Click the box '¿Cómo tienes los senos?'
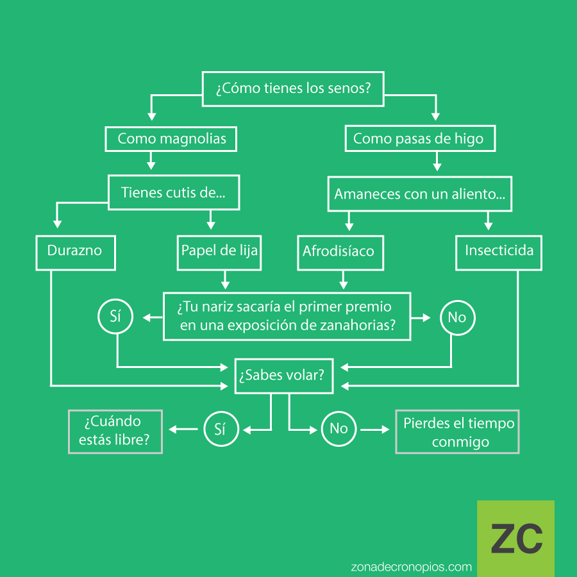click(293, 88)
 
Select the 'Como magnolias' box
click(171, 138)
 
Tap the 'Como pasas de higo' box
click(419, 138)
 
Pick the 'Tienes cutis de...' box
click(173, 192)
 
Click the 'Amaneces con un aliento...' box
click(420, 193)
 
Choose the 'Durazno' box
click(74, 251)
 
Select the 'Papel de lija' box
click(219, 251)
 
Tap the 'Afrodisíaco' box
click(339, 251)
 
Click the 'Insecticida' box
click(499, 251)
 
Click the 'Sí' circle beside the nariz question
click(116, 317)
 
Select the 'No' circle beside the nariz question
click(456, 317)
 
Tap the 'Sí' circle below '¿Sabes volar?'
click(221, 429)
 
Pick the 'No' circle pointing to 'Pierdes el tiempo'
click(338, 429)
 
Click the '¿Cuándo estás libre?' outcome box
click(115, 431)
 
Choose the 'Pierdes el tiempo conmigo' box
click(458, 431)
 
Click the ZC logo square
click(515, 538)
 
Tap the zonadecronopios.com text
click(412, 567)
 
